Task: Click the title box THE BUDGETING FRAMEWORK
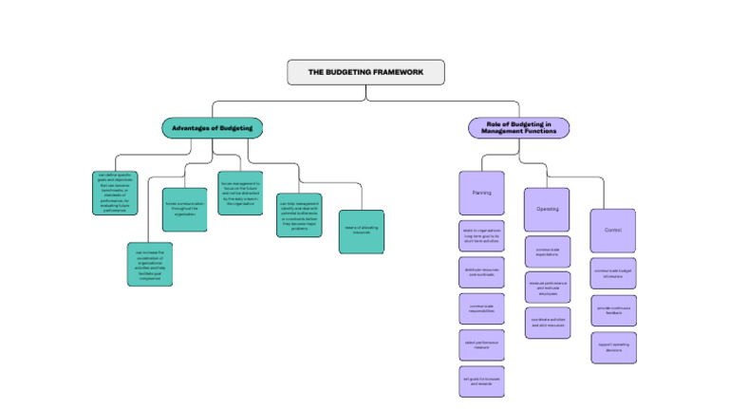click(365, 72)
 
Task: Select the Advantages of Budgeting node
click(211, 128)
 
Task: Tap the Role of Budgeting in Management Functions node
click(518, 128)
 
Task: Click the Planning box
click(481, 192)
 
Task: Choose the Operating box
click(547, 209)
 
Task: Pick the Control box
click(612, 231)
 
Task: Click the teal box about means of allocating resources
click(362, 232)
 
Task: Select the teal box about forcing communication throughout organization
click(184, 210)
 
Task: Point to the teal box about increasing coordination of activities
click(149, 264)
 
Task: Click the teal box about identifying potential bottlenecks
click(299, 215)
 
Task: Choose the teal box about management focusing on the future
click(241, 193)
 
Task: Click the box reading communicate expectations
click(547, 251)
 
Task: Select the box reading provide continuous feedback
click(612, 309)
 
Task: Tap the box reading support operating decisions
click(612, 347)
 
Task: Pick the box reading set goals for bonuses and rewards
click(481, 381)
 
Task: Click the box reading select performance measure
click(481, 344)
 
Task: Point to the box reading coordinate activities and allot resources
click(547, 324)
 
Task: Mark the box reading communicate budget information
click(612, 272)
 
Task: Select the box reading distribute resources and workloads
click(481, 272)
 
